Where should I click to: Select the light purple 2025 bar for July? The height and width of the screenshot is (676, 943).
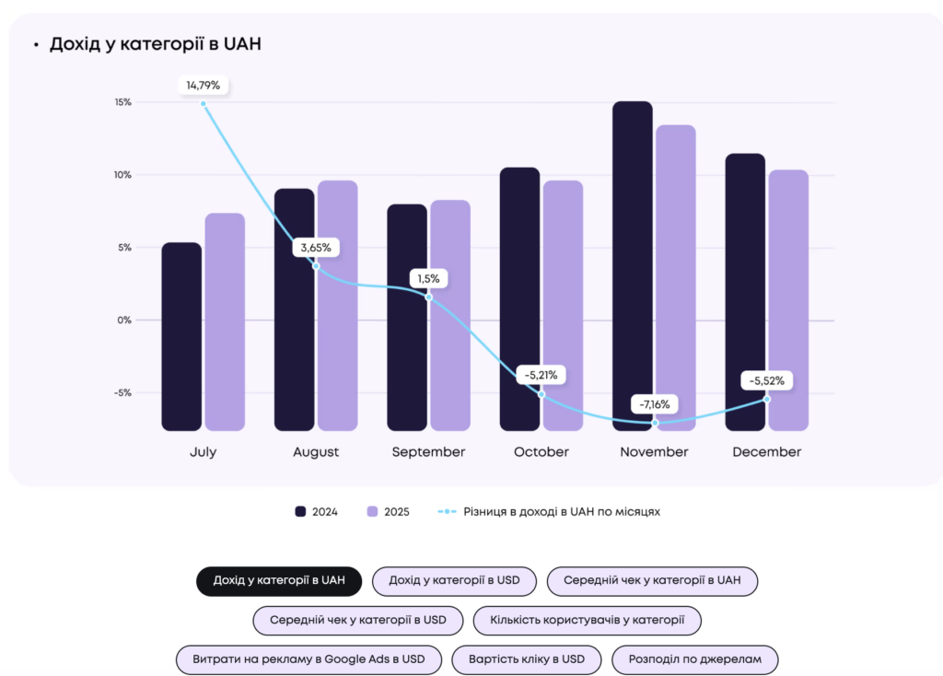tap(225, 321)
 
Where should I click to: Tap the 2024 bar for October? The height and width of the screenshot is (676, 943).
tap(519, 298)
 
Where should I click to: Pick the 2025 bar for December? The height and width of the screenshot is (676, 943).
tap(788, 299)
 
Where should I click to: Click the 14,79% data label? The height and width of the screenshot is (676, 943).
tap(204, 86)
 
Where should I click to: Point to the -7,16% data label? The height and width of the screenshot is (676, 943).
tap(655, 404)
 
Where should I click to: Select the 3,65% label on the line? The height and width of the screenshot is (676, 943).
tap(316, 248)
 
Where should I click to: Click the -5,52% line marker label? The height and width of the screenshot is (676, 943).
tap(766, 380)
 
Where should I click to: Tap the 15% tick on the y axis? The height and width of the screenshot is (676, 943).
tap(122, 102)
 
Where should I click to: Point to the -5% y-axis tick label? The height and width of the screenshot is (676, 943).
tap(122, 393)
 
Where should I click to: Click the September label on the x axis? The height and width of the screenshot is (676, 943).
tap(428, 452)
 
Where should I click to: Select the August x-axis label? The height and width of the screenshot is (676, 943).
tap(316, 452)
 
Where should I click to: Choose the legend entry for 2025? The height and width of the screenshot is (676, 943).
tap(388, 512)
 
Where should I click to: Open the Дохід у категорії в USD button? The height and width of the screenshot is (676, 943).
tap(454, 581)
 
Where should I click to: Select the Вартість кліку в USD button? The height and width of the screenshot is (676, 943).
tap(526, 659)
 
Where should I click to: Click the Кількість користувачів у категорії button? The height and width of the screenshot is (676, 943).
tap(587, 620)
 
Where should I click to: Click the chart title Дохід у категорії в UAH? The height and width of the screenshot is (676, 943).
tap(155, 44)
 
